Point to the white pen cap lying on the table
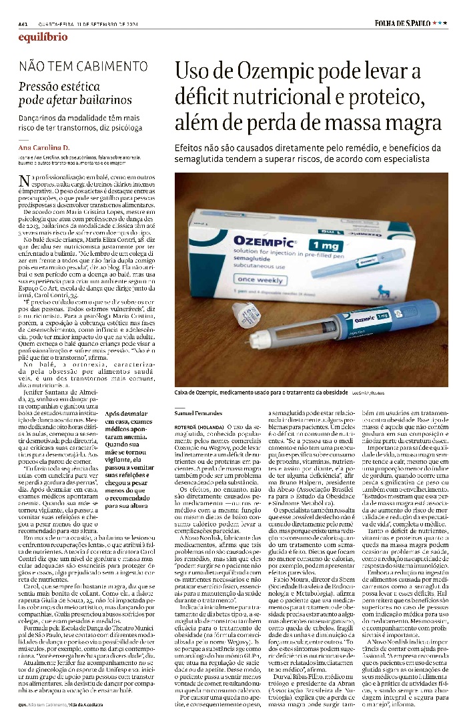(248, 315)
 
